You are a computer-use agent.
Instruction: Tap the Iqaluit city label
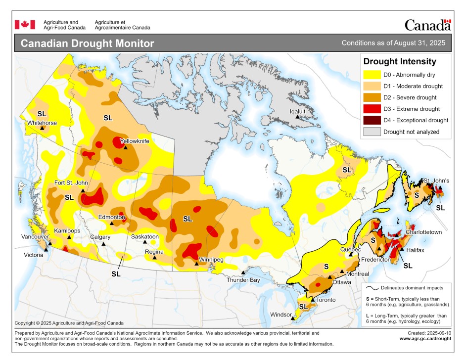click(297, 111)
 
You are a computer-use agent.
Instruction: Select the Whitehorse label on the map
click(42, 123)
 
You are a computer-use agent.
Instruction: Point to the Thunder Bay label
click(243, 280)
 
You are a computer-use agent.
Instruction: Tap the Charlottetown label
click(423, 232)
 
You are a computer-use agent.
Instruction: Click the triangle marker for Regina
click(155, 258)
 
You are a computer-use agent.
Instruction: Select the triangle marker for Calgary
click(104, 244)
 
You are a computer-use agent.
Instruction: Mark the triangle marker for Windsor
click(293, 319)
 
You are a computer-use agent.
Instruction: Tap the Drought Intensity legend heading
click(400, 62)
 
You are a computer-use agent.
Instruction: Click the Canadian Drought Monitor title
click(88, 44)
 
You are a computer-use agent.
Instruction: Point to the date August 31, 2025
click(419, 43)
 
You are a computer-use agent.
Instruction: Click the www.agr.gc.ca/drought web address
click(425, 339)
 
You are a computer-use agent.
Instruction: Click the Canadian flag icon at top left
click(25, 25)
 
